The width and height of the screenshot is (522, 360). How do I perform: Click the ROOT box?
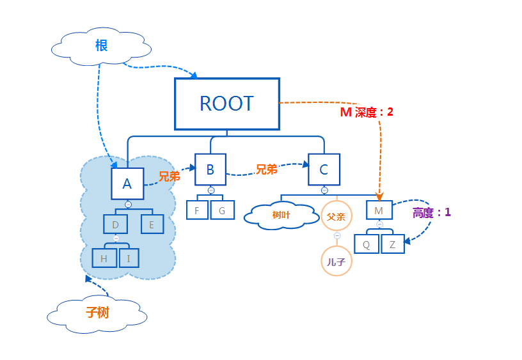tap(227, 104)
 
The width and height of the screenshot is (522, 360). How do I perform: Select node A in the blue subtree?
tap(127, 184)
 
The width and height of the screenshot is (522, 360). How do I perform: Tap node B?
tap(210, 169)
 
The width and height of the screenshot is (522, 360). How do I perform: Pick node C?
tap(324, 169)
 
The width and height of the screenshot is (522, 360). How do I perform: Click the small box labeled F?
tap(197, 210)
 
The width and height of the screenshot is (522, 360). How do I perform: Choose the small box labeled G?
tap(223, 210)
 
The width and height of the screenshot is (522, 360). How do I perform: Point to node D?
tap(115, 224)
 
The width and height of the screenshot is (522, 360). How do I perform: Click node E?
tap(152, 224)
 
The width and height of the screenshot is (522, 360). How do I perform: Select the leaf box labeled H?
tap(104, 258)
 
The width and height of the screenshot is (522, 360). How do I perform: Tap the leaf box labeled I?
tap(129, 258)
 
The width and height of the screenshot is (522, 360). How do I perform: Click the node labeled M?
tap(379, 210)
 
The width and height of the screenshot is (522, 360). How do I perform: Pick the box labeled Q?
tap(367, 244)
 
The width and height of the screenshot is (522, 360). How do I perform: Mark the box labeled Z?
tap(393, 244)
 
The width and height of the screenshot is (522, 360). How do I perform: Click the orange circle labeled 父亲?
tap(336, 217)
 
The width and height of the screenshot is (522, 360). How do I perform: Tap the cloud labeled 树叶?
tap(281, 215)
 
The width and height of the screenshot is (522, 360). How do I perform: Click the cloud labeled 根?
tap(101, 47)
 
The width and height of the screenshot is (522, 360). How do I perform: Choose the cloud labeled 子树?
tap(97, 313)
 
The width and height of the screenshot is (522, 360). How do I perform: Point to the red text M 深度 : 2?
tap(366, 112)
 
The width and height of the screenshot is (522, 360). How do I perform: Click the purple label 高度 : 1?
tap(432, 212)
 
